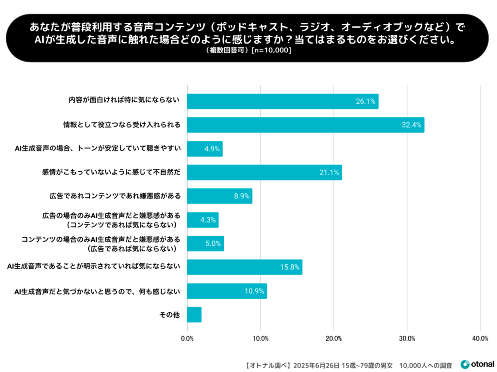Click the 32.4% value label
pyautogui.click(x=412, y=125)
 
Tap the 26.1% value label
pyautogui.click(x=365, y=101)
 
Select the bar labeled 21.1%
pyautogui.click(x=264, y=172)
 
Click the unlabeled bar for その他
pyautogui.click(x=194, y=315)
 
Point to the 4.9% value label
pyautogui.click(x=211, y=149)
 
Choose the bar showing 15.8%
pyautogui.click(x=245, y=267)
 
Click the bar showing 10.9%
pyautogui.click(x=227, y=291)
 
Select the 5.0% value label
pyautogui.click(x=213, y=244)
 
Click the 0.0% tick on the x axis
pyautogui.click(x=187, y=338)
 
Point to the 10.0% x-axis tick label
pyautogui.click(x=260, y=338)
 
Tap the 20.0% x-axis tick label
pyautogui.click(x=333, y=338)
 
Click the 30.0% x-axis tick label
pyautogui.click(x=407, y=338)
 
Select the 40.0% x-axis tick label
pyautogui.click(x=480, y=338)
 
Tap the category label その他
pyautogui.click(x=170, y=315)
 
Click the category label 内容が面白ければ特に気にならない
pyautogui.click(x=124, y=101)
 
